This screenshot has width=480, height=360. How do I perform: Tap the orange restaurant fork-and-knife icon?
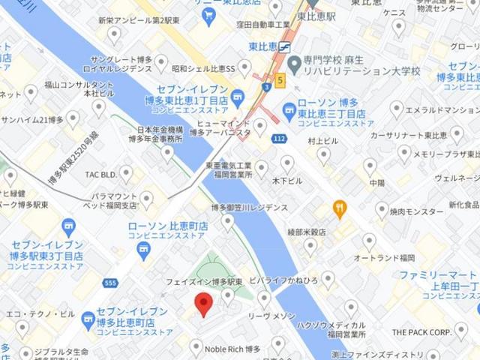(340, 208)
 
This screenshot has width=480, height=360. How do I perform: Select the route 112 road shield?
(279, 139)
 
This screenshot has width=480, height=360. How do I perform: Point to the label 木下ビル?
(287, 181)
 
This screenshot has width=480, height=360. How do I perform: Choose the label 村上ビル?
(323, 140)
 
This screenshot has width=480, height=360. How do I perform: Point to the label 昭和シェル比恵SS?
(202, 68)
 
